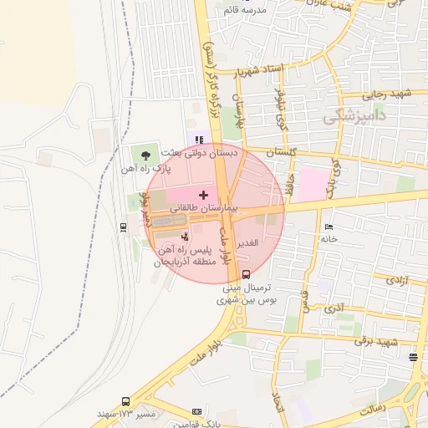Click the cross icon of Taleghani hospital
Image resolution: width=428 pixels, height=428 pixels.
(x=203, y=194)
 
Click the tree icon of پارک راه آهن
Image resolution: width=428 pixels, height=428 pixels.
(x=147, y=155)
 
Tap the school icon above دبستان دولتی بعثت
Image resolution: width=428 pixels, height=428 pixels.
(x=199, y=140)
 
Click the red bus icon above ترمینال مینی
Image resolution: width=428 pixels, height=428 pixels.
(x=246, y=273)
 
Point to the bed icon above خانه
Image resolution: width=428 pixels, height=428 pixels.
(x=329, y=227)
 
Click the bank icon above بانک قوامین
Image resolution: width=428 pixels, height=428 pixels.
(x=197, y=411)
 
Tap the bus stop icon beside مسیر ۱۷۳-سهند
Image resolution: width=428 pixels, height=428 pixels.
(x=125, y=401)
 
